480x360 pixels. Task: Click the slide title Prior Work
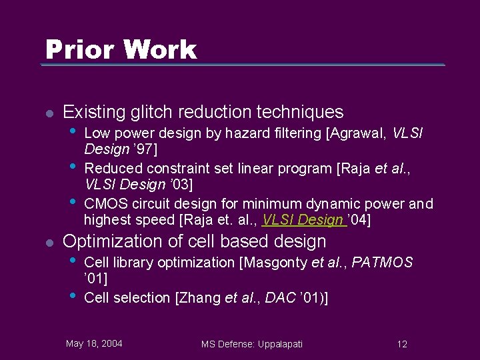[121, 49]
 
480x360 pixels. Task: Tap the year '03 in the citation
[161, 183]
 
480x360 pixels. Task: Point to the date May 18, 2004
[94, 343]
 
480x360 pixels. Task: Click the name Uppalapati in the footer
[275, 344]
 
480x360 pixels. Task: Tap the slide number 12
[402, 344]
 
